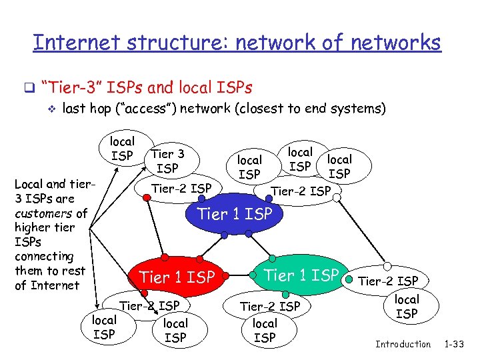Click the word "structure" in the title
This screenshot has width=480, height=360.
pos(162,43)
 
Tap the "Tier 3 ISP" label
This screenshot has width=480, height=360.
pos(168,161)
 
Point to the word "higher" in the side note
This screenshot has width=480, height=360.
pos(34,227)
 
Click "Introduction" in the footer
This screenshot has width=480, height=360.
pos(403,344)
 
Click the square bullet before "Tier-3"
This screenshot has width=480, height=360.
pos(28,88)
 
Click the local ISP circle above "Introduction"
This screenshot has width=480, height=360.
pos(407,306)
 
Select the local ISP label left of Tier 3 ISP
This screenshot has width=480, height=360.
pos(122,148)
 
